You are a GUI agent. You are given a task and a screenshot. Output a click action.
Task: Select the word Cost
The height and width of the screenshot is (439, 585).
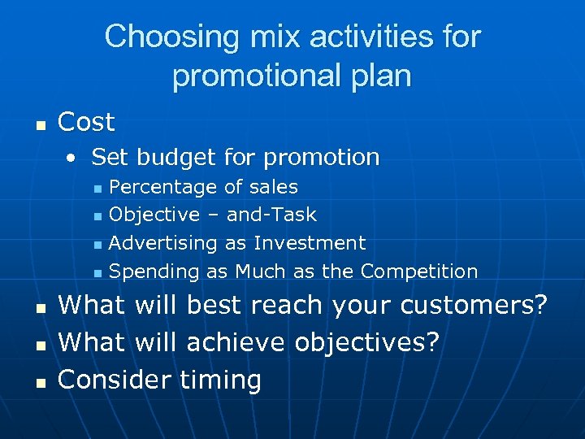click(x=87, y=123)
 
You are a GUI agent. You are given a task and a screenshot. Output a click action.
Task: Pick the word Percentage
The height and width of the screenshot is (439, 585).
click(x=162, y=188)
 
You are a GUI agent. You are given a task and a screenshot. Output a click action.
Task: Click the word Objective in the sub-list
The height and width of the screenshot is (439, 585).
click(x=154, y=215)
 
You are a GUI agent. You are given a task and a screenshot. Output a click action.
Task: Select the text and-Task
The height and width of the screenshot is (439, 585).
click(x=271, y=215)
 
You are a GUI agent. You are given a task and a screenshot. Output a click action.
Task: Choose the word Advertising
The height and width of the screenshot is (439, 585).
click(x=162, y=243)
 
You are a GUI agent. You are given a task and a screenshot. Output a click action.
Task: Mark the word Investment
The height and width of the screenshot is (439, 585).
click(x=310, y=243)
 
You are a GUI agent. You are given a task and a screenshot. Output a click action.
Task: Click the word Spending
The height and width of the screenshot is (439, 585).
click(x=155, y=272)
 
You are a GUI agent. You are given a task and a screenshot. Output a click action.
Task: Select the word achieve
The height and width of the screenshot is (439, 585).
click(x=236, y=342)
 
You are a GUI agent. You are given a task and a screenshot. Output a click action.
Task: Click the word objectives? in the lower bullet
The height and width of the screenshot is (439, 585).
click(x=366, y=342)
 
